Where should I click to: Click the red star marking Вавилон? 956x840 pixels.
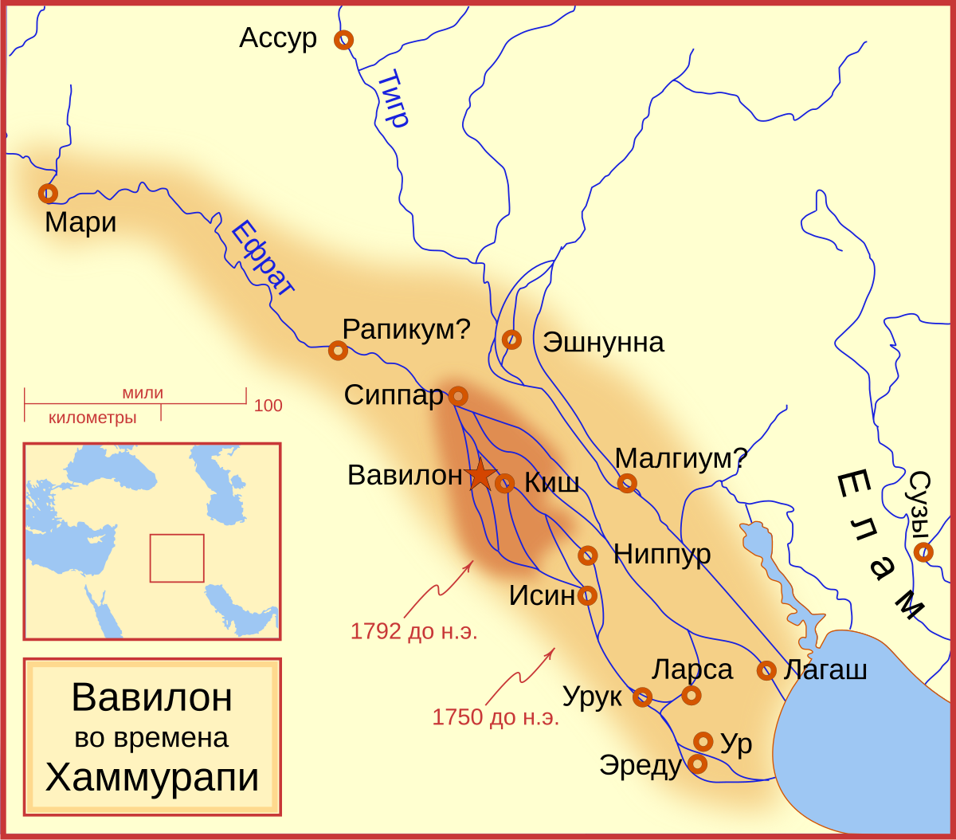point(480,475)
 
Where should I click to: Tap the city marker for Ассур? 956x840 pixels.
point(343,39)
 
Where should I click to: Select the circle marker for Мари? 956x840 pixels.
point(48,193)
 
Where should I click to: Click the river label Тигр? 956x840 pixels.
point(392,99)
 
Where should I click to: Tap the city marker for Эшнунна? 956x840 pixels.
point(512,340)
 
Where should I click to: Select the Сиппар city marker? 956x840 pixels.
point(458,395)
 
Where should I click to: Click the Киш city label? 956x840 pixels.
point(551,483)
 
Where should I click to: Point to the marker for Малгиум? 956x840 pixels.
point(627,483)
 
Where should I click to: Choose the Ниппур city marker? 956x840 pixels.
point(588,555)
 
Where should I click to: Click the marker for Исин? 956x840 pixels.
point(587,595)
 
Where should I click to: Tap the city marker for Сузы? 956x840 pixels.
point(923,551)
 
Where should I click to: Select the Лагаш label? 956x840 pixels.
point(825,669)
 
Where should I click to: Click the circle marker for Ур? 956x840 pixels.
point(703,741)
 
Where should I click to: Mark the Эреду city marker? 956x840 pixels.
point(697,763)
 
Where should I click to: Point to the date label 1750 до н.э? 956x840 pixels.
point(496,717)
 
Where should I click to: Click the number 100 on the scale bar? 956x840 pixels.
point(268,406)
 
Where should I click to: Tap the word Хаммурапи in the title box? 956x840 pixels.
point(152,777)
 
